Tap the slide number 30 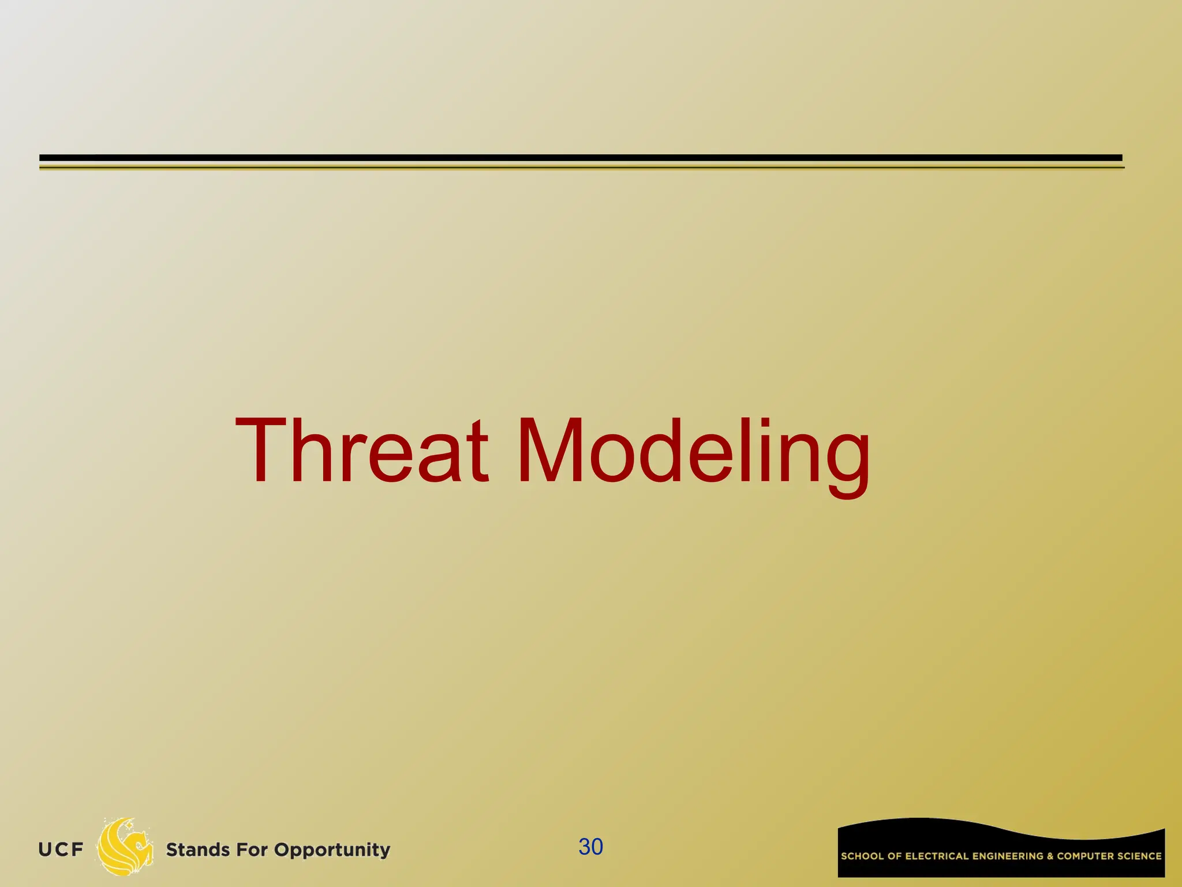[x=590, y=847]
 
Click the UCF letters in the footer [x=61, y=849]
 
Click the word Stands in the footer [x=197, y=850]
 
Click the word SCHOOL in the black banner [x=862, y=856]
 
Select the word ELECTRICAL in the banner [x=937, y=856]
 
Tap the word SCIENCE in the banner [x=1139, y=856]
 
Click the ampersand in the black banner [x=1050, y=856]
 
